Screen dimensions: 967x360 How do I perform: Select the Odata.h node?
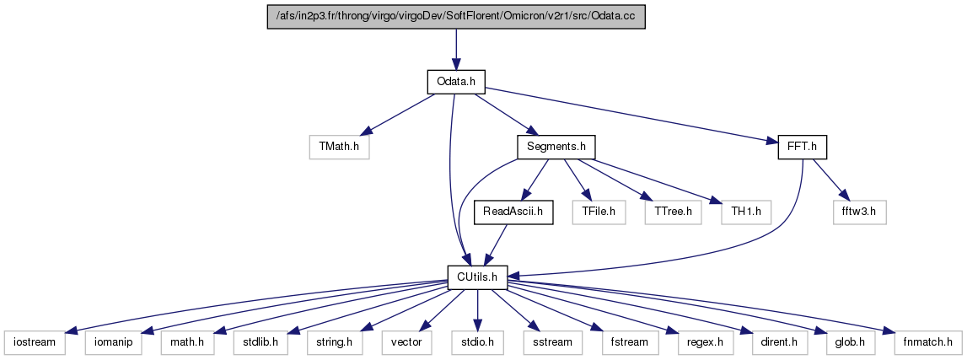(456, 82)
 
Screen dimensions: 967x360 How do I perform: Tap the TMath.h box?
(339, 148)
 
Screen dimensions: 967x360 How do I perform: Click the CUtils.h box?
(477, 277)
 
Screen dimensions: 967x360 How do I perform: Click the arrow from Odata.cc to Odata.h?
(456, 50)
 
